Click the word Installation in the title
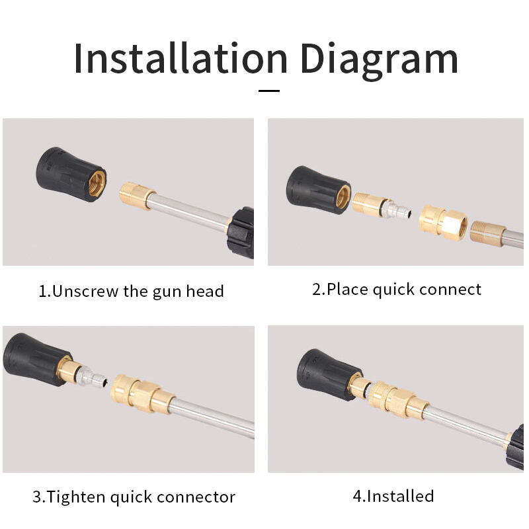(181, 58)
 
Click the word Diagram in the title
(379, 61)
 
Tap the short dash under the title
(269, 91)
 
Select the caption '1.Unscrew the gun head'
(131, 291)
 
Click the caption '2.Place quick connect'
(397, 290)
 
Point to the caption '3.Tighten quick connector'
(134, 497)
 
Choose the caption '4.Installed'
(393, 496)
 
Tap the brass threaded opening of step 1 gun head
(97, 184)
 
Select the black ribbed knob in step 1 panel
(241, 233)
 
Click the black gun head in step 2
(318, 190)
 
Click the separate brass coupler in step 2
(443, 223)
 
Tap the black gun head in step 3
(36, 359)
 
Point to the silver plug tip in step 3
(94, 377)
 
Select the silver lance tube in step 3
(213, 417)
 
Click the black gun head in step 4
(329, 374)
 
